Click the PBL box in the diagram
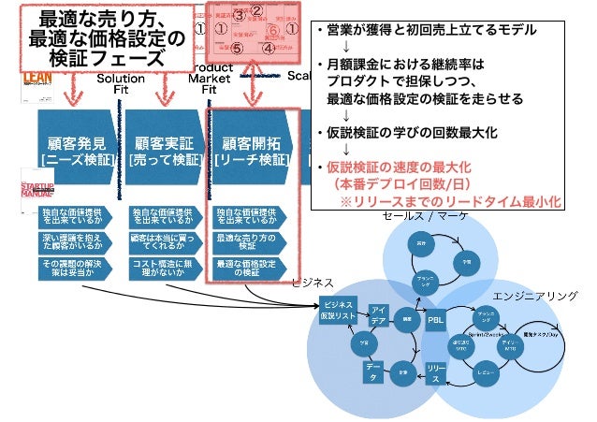435,319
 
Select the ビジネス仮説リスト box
338,312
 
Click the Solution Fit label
121,85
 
